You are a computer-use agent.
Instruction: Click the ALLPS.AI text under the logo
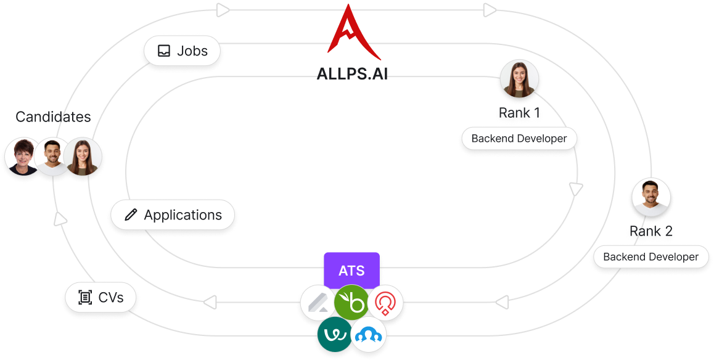pyautogui.click(x=352, y=74)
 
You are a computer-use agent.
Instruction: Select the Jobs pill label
pyautogui.click(x=183, y=51)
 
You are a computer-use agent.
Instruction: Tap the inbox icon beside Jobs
pyautogui.click(x=163, y=51)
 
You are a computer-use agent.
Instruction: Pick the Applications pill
pyautogui.click(x=173, y=215)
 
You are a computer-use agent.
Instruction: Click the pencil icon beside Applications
pyautogui.click(x=131, y=215)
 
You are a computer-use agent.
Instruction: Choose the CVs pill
pyautogui.click(x=101, y=298)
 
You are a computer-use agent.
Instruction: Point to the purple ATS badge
pyautogui.click(x=351, y=270)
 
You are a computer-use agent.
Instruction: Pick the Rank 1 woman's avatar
pyautogui.click(x=519, y=79)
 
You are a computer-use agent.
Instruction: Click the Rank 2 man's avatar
pyautogui.click(x=651, y=197)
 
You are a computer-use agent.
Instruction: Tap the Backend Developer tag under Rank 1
pyautogui.click(x=519, y=139)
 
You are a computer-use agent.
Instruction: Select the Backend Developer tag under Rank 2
pyautogui.click(x=650, y=257)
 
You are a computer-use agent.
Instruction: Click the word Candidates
pyautogui.click(x=53, y=117)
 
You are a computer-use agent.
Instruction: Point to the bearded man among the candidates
pyautogui.click(x=53, y=157)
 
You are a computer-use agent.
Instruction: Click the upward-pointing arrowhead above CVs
pyautogui.click(x=60, y=218)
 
